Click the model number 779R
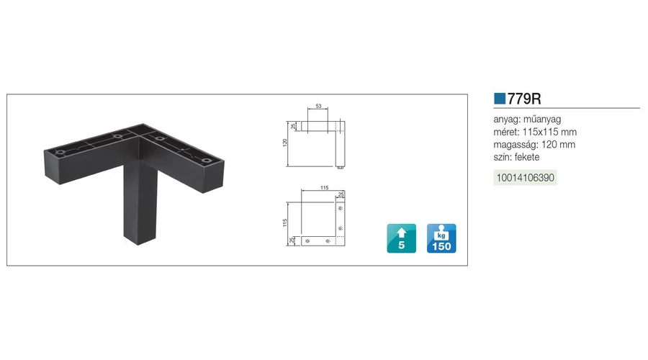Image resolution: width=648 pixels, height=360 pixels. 524,99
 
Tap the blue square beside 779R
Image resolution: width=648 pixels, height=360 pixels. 500,99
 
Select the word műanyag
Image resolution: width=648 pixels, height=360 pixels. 542,120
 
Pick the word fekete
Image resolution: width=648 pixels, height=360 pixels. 527,157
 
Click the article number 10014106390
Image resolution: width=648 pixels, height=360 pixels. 526,178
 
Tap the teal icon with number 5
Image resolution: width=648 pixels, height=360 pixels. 401,238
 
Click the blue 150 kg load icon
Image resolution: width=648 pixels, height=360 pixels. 441,238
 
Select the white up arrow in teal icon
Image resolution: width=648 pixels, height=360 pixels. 401,233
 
